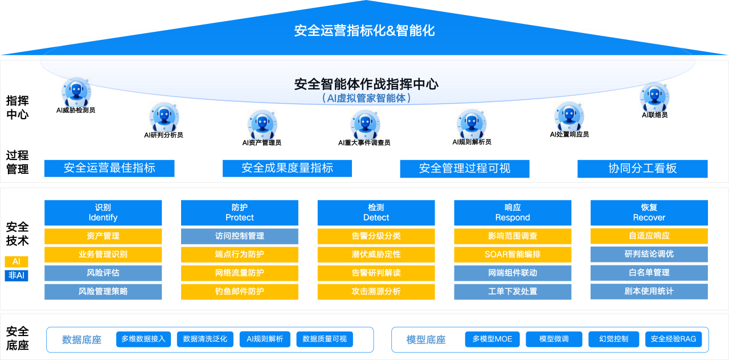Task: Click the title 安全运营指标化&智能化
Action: point(364,31)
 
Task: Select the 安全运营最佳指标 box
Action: point(109,168)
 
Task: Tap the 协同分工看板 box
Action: point(642,169)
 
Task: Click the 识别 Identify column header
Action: point(103,212)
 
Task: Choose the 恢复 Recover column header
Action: point(649,212)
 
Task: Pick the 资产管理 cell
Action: point(103,236)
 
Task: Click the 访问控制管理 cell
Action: point(239,236)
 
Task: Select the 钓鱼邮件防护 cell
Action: point(239,292)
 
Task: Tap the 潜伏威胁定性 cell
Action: point(376,254)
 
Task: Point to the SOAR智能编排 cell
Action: point(513,254)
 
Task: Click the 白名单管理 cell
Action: point(649,273)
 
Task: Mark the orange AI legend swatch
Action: point(17,261)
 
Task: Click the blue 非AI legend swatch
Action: point(17,276)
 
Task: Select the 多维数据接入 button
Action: point(144,339)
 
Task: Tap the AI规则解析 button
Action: point(265,339)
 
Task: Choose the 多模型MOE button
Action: point(492,339)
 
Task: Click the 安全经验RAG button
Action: point(673,339)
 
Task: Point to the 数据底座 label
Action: point(81,340)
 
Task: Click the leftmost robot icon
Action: point(76,92)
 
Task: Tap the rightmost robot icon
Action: point(654,96)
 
